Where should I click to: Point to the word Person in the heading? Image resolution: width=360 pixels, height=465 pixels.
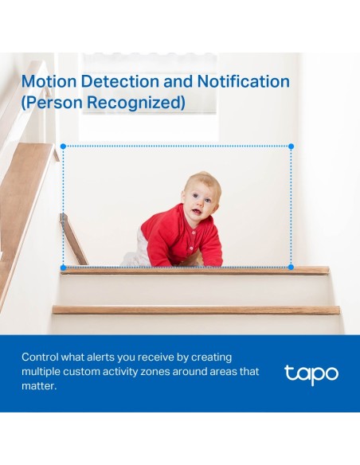(58, 104)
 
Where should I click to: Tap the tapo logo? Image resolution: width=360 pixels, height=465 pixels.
(311, 373)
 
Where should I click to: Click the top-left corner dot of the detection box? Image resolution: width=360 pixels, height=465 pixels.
(63, 147)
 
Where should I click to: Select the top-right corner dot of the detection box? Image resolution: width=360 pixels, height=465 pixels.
(291, 147)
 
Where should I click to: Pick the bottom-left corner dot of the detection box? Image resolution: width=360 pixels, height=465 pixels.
(63, 267)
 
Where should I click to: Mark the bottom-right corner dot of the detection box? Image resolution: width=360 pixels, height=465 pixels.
(291, 267)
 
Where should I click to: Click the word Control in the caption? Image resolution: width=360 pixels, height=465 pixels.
(41, 358)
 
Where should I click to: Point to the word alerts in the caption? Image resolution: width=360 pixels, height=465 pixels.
(112, 358)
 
